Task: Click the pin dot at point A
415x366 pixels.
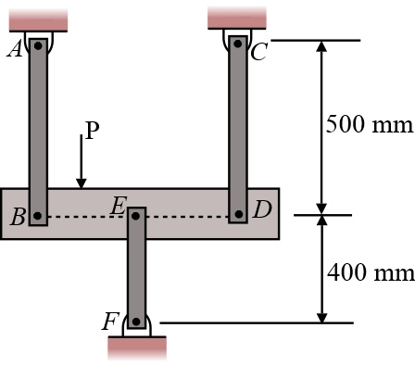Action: [38, 46]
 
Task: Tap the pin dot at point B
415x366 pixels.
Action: [37, 216]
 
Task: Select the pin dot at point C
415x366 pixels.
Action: [237, 44]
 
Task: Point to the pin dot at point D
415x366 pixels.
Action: [238, 214]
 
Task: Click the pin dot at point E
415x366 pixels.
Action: [135, 216]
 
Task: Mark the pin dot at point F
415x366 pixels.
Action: [136, 322]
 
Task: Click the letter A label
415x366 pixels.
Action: [15, 49]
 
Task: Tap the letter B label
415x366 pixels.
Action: [18, 217]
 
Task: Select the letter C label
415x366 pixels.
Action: [258, 52]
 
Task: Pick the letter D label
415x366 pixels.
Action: [262, 209]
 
